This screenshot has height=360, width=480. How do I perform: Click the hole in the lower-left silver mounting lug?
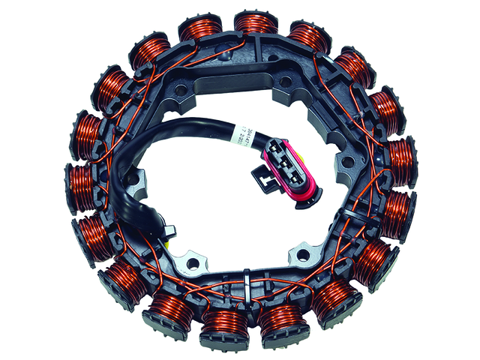[x=192, y=262]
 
